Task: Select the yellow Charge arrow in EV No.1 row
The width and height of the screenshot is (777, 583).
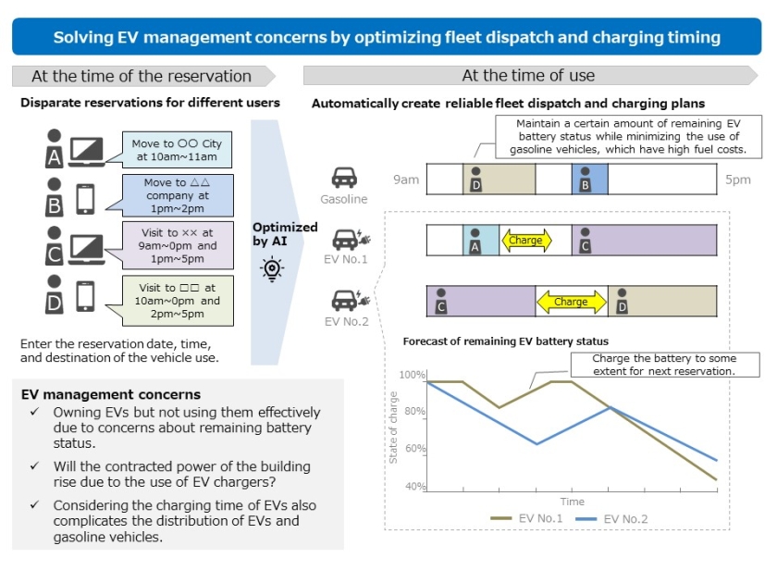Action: (x=526, y=241)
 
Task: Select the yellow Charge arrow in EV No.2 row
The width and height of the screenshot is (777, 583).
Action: (x=571, y=302)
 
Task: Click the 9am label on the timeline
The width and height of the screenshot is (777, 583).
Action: (x=406, y=180)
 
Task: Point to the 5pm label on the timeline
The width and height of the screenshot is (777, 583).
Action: (x=737, y=180)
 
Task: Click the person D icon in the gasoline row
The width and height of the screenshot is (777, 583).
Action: (x=475, y=180)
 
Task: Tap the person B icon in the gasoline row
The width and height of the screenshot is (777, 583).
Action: (x=585, y=180)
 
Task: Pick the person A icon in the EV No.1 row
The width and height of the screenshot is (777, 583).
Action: (x=475, y=242)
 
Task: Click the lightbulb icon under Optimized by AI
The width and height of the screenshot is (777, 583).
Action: (x=272, y=268)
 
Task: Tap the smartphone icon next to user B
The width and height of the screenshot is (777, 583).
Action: (x=84, y=198)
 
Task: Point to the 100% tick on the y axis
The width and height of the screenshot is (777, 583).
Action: (x=413, y=375)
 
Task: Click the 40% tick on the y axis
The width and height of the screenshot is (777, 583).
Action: (x=414, y=486)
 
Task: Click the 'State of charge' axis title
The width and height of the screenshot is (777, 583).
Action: (x=394, y=428)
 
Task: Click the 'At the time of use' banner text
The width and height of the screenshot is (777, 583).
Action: (x=528, y=76)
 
